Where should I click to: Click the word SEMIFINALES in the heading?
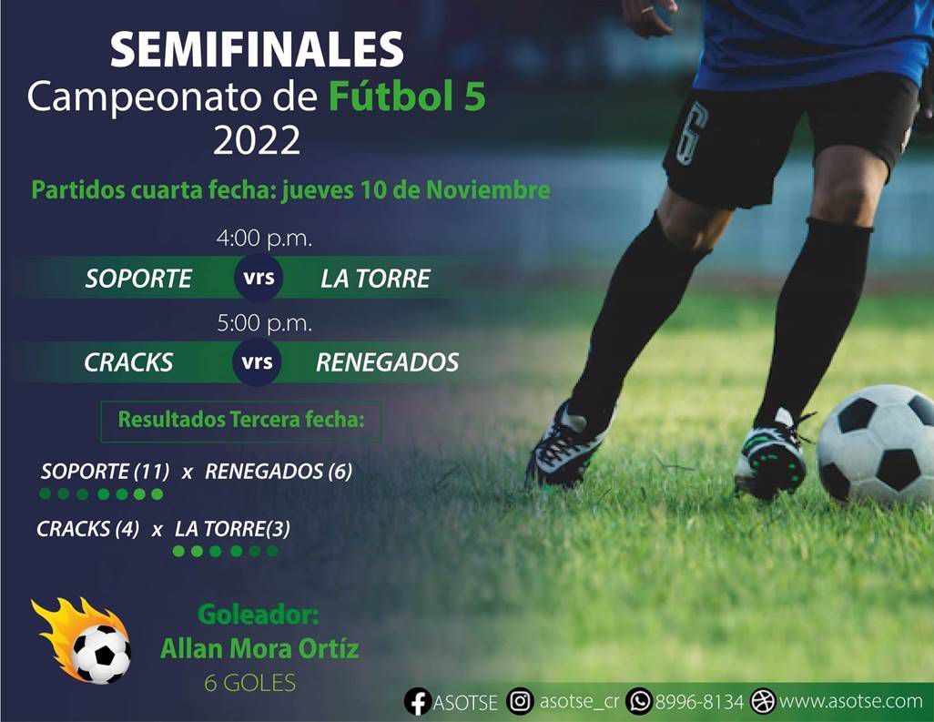point(258,49)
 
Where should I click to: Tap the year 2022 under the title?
point(257,140)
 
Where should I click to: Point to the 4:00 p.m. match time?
point(265,239)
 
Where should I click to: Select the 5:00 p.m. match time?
point(265,323)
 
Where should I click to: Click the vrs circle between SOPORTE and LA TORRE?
point(259,278)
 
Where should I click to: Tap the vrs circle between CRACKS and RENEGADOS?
point(258,362)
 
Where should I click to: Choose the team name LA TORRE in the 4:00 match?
point(375,279)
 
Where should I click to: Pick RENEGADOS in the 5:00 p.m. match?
point(387,362)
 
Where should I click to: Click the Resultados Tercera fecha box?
point(240,422)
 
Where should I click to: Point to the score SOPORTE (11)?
point(105,472)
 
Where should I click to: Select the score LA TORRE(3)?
point(232,529)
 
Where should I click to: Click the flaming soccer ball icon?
point(84,641)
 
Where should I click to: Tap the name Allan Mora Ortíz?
point(259,649)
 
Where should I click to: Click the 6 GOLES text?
point(250,683)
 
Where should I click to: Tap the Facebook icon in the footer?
point(418,702)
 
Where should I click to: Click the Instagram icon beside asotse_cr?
point(520,701)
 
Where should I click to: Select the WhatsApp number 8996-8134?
point(699,702)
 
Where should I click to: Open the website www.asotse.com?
point(851,701)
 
